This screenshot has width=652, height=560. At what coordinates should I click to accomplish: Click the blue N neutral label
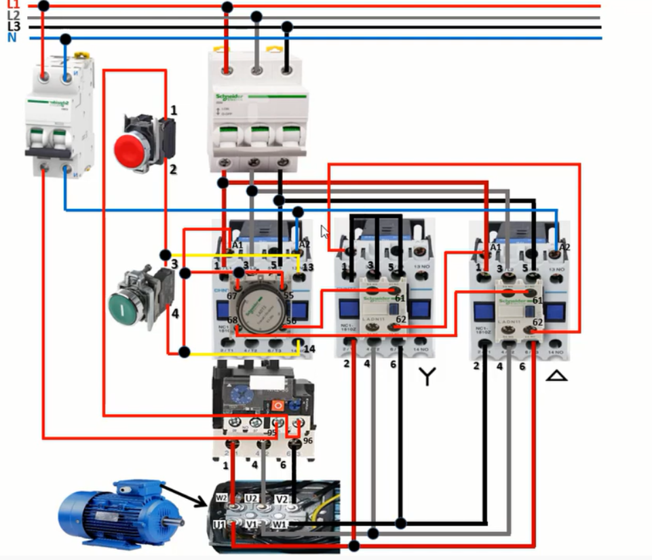pos(12,38)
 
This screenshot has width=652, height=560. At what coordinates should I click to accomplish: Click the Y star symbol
pos(426,377)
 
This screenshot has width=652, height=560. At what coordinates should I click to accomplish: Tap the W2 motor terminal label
pos(221,498)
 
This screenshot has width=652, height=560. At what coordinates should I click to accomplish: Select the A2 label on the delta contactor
pos(564,247)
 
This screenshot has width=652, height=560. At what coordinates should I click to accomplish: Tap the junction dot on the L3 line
pos(287,27)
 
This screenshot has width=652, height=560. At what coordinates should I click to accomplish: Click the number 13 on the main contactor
pos(308,268)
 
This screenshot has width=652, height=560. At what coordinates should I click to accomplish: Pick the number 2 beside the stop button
pos(173,169)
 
